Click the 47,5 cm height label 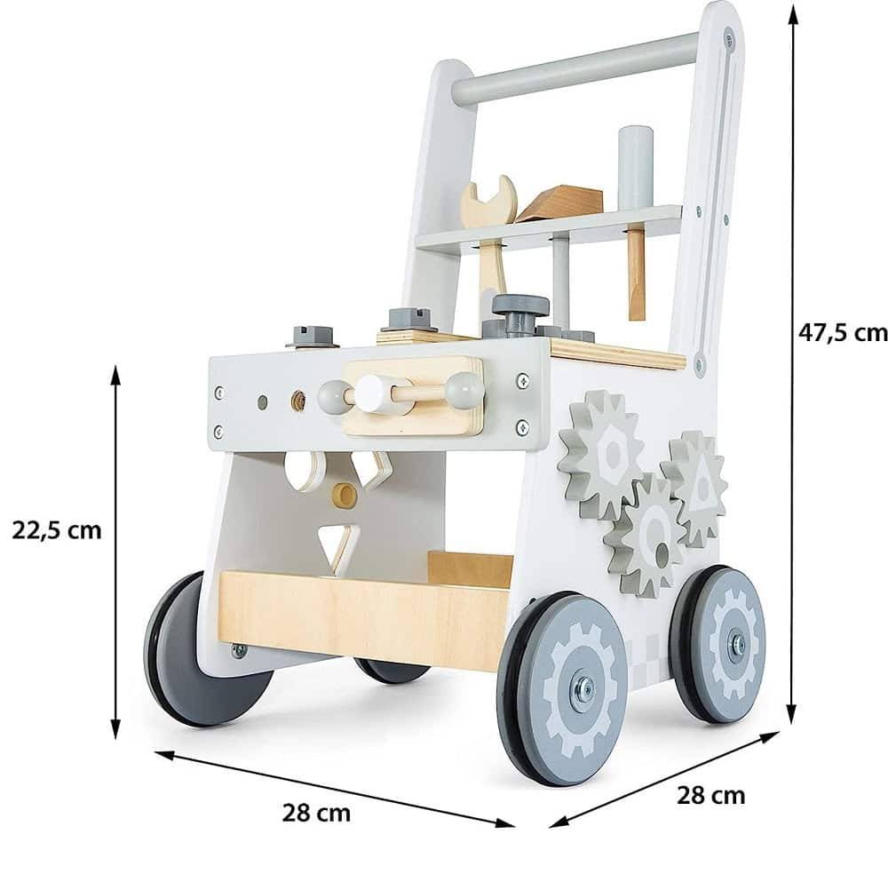[x=843, y=333]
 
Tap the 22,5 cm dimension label [x=57, y=531]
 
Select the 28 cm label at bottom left [x=316, y=813]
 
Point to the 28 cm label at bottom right [x=710, y=795]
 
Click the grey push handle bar [x=575, y=68]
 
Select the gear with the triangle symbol [x=695, y=483]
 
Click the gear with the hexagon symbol [x=601, y=453]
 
